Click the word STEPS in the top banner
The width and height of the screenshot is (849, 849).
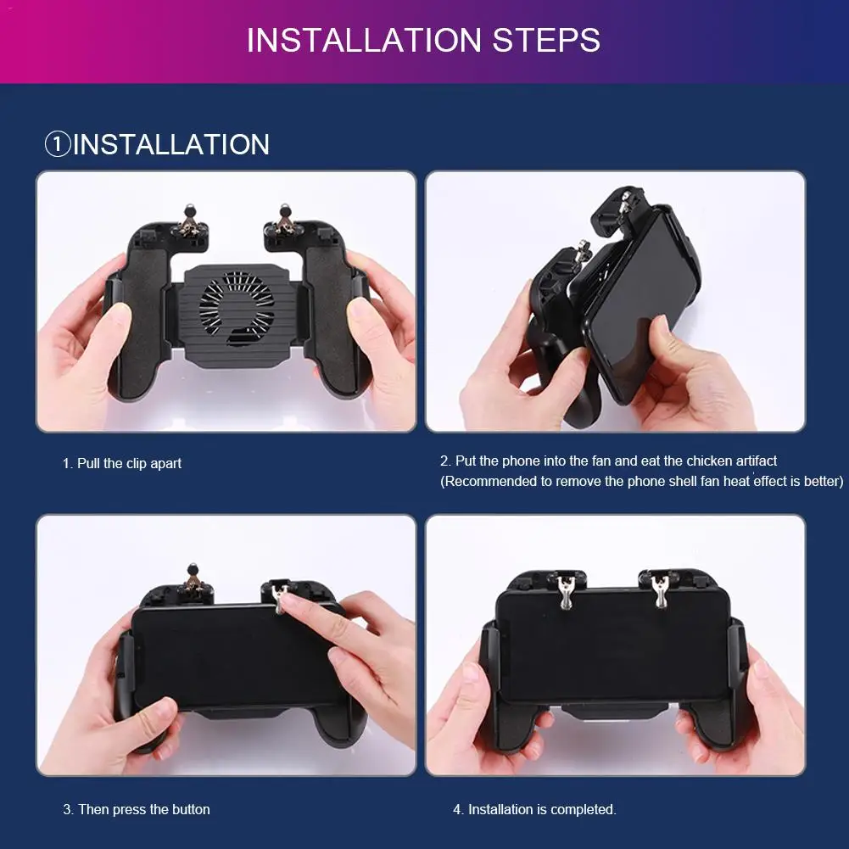(546, 40)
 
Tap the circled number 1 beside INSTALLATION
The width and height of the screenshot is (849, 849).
(58, 144)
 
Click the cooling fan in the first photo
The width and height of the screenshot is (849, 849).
(237, 308)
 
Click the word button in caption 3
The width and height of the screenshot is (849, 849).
(191, 809)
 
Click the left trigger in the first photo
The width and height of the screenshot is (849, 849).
(188, 223)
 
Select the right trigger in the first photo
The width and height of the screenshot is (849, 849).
(285, 222)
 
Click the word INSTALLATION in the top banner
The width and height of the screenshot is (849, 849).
(364, 40)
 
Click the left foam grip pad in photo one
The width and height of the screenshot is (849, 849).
(144, 320)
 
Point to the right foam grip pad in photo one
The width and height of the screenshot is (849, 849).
(329, 320)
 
